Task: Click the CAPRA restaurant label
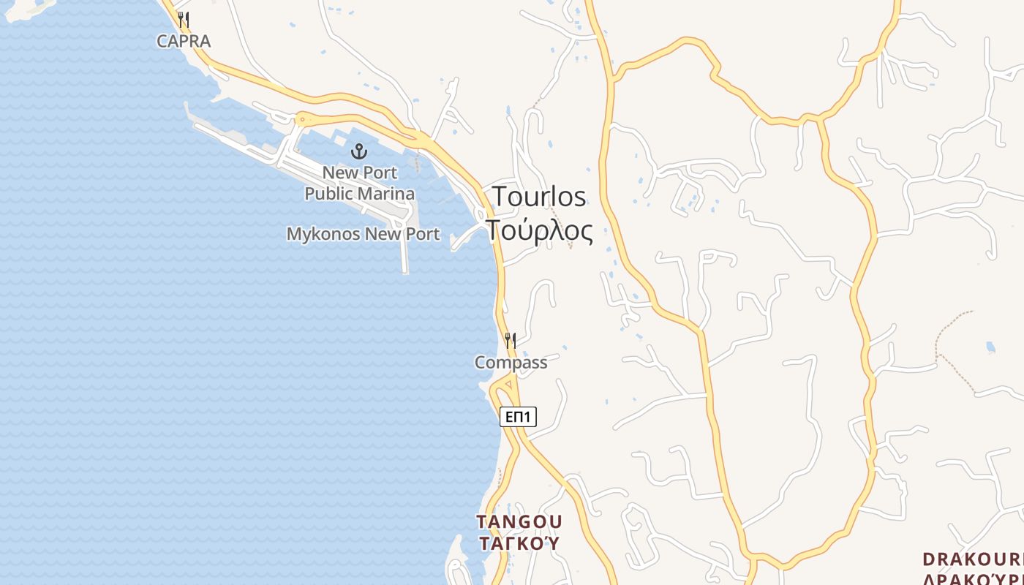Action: [184, 41]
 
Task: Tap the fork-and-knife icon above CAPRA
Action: [184, 20]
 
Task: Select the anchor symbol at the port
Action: [359, 152]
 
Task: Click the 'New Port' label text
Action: [360, 173]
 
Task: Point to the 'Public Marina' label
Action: [359, 194]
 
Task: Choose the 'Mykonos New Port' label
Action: [363, 234]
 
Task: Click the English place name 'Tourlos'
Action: [539, 197]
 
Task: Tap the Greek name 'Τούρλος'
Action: [539, 230]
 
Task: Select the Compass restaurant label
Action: [511, 363]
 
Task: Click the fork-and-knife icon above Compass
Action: [511, 341]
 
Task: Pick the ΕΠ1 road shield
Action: [518, 417]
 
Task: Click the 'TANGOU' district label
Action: [519, 522]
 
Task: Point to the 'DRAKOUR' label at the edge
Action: [972, 560]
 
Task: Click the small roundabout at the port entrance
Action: [302, 119]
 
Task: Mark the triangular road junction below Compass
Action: [508, 384]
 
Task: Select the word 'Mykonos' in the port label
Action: [323, 234]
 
